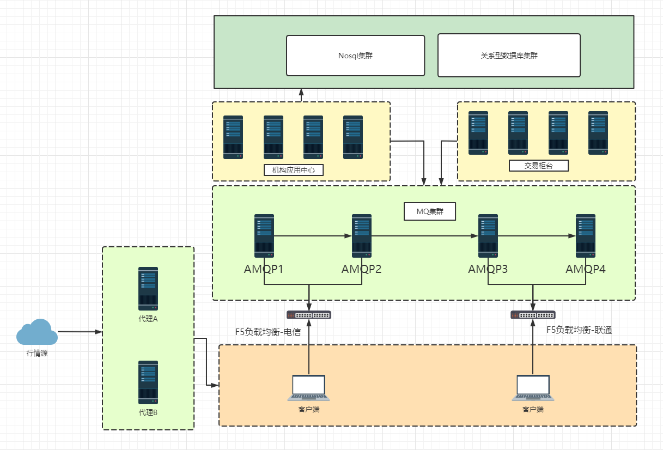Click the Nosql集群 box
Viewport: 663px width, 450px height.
[355, 56]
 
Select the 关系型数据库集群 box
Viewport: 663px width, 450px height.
[509, 56]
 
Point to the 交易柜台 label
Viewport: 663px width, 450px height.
[538, 166]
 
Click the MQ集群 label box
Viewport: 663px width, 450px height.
[429, 211]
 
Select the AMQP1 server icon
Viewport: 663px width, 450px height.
[264, 236]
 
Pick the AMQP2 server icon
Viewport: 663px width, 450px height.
[362, 236]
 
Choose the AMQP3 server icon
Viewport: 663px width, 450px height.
[488, 236]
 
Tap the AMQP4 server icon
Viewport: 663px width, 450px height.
[586, 236]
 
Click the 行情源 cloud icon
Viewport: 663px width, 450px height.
[37, 332]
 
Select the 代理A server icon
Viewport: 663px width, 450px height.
[148, 289]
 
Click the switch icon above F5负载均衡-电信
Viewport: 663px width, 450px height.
[309, 314]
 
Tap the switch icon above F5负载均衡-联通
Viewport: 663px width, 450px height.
[533, 314]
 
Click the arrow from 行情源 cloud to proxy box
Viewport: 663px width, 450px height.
[80, 332]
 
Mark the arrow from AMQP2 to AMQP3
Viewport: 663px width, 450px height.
[425, 236]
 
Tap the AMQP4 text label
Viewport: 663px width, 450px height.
[586, 269]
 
